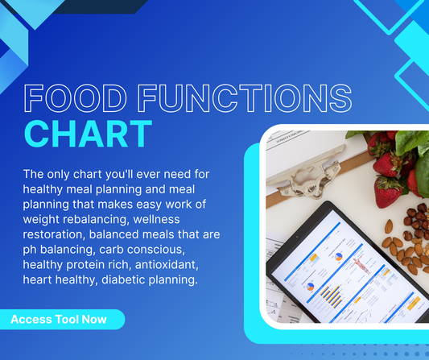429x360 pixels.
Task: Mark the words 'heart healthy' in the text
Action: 61,278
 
